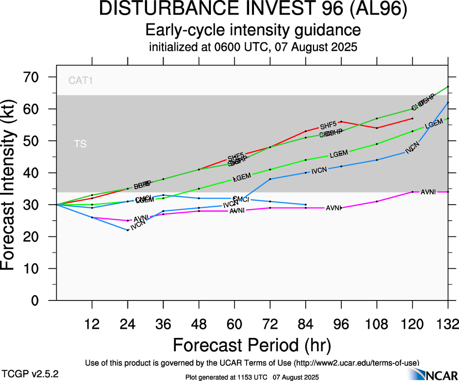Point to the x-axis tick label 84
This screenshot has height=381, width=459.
coord(305,324)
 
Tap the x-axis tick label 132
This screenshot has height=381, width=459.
coord(447,324)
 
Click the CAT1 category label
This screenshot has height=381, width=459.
coord(81,81)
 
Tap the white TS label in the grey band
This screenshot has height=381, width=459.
coord(81,144)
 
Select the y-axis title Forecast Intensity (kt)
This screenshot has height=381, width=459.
coord(14,189)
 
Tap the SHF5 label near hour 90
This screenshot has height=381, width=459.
coord(329,126)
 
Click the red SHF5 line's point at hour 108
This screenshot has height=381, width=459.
coord(377,128)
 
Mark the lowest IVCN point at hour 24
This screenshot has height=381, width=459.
coord(128,230)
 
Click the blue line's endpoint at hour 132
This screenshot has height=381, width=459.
coord(448,103)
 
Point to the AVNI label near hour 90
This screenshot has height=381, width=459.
coord(334,208)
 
